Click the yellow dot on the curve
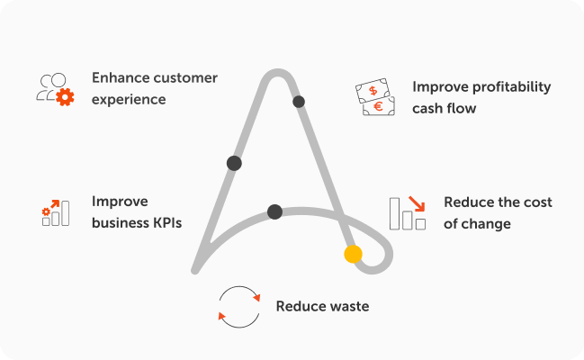(x=353, y=254)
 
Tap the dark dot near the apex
(x=299, y=102)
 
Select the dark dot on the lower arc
(x=274, y=211)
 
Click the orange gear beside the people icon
(x=65, y=97)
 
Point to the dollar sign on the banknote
(x=373, y=90)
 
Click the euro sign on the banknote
(x=379, y=106)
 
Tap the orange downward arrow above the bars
(x=418, y=204)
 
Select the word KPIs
(x=166, y=223)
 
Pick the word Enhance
(x=121, y=78)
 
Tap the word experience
(x=129, y=100)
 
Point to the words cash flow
(x=445, y=108)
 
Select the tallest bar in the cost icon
(x=394, y=213)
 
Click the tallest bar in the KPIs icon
(x=66, y=213)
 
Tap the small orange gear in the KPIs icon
(x=46, y=211)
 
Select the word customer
(x=186, y=78)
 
